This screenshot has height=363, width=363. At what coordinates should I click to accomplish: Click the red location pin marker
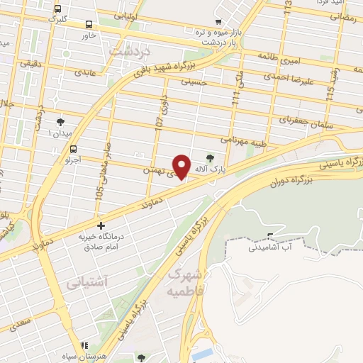(x=182, y=167)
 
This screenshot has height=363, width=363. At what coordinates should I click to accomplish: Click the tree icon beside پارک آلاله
(x=209, y=158)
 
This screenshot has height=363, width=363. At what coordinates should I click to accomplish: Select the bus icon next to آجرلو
(x=74, y=149)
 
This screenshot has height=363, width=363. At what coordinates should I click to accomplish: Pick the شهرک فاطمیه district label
(x=186, y=283)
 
